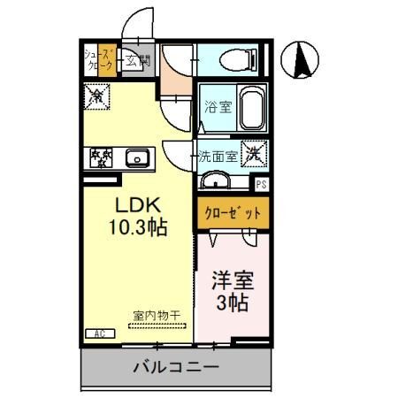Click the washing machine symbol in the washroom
click(x=253, y=154)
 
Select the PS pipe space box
click(x=261, y=185)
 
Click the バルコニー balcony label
click(x=171, y=366)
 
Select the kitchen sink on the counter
click(x=138, y=159)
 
